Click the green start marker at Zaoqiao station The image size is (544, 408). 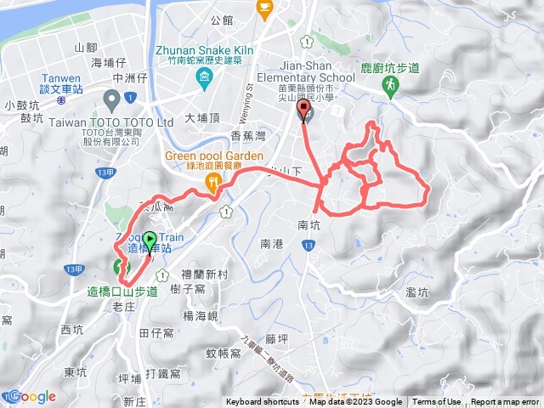(x=150, y=242)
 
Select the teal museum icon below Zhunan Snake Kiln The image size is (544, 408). (x=203, y=80)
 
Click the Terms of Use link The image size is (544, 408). (x=437, y=402)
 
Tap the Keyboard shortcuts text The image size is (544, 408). (x=263, y=402)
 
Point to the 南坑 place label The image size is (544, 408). (x=309, y=226)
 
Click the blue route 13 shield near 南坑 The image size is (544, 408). (x=307, y=245)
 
